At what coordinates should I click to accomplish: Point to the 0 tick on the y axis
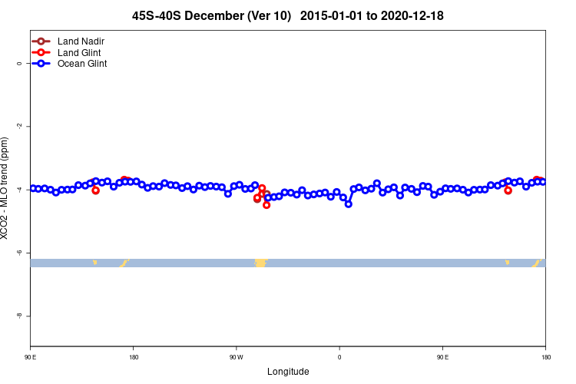point(19,64)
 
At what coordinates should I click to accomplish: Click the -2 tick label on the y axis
point(19,127)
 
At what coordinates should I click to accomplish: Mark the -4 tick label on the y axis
point(19,190)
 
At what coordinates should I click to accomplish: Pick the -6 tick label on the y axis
point(19,253)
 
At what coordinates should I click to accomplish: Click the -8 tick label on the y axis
point(19,316)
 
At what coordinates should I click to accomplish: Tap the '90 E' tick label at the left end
point(31,357)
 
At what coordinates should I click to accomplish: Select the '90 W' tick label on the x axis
point(236,357)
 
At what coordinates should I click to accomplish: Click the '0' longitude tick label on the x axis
point(339,357)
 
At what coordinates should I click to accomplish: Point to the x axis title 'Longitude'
point(288,372)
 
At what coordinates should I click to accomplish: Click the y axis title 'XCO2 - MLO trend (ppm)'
point(6,188)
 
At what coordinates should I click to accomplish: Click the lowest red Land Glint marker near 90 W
point(266,205)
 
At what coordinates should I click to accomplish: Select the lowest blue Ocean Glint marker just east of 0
point(349,204)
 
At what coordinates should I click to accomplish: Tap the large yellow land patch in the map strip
point(261,263)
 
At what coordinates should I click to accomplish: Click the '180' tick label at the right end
point(545,357)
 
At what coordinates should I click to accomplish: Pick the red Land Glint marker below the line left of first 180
point(95,190)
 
